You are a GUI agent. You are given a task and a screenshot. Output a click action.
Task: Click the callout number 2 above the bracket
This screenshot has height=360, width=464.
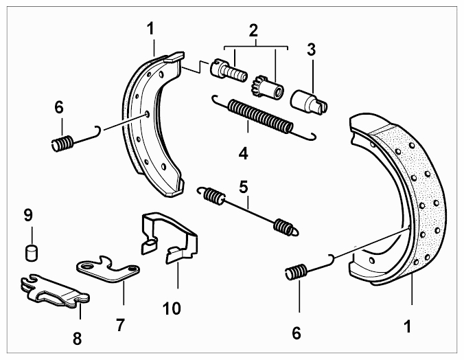click(253, 30)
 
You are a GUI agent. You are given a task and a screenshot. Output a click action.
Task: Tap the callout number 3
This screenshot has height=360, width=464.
click(312, 49)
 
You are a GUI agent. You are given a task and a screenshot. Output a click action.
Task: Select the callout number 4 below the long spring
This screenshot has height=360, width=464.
click(244, 153)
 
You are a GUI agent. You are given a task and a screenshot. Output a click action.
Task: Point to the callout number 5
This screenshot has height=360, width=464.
click(244, 187)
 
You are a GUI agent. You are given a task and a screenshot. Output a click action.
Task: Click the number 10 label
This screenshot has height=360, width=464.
click(172, 308)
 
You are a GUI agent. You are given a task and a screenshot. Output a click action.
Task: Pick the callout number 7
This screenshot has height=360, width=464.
click(120, 325)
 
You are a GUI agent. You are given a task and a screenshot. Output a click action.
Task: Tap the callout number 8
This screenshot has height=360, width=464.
click(78, 338)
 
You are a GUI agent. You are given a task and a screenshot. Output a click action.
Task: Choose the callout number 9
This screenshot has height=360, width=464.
click(28, 215)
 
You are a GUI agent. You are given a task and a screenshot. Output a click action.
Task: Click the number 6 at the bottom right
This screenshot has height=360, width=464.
click(297, 333)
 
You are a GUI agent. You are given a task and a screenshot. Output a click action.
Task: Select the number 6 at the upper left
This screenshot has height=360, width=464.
click(59, 107)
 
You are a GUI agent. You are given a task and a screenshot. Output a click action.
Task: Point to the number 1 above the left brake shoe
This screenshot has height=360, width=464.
click(150, 30)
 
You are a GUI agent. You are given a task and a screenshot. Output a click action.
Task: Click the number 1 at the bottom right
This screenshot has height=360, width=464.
click(408, 326)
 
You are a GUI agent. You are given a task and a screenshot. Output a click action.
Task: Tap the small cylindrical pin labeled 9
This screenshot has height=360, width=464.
click(31, 253)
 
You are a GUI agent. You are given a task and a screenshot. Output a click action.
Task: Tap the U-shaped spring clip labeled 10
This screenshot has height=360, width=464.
click(168, 237)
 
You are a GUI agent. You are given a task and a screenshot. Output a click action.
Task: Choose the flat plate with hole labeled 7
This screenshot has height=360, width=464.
click(108, 269)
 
